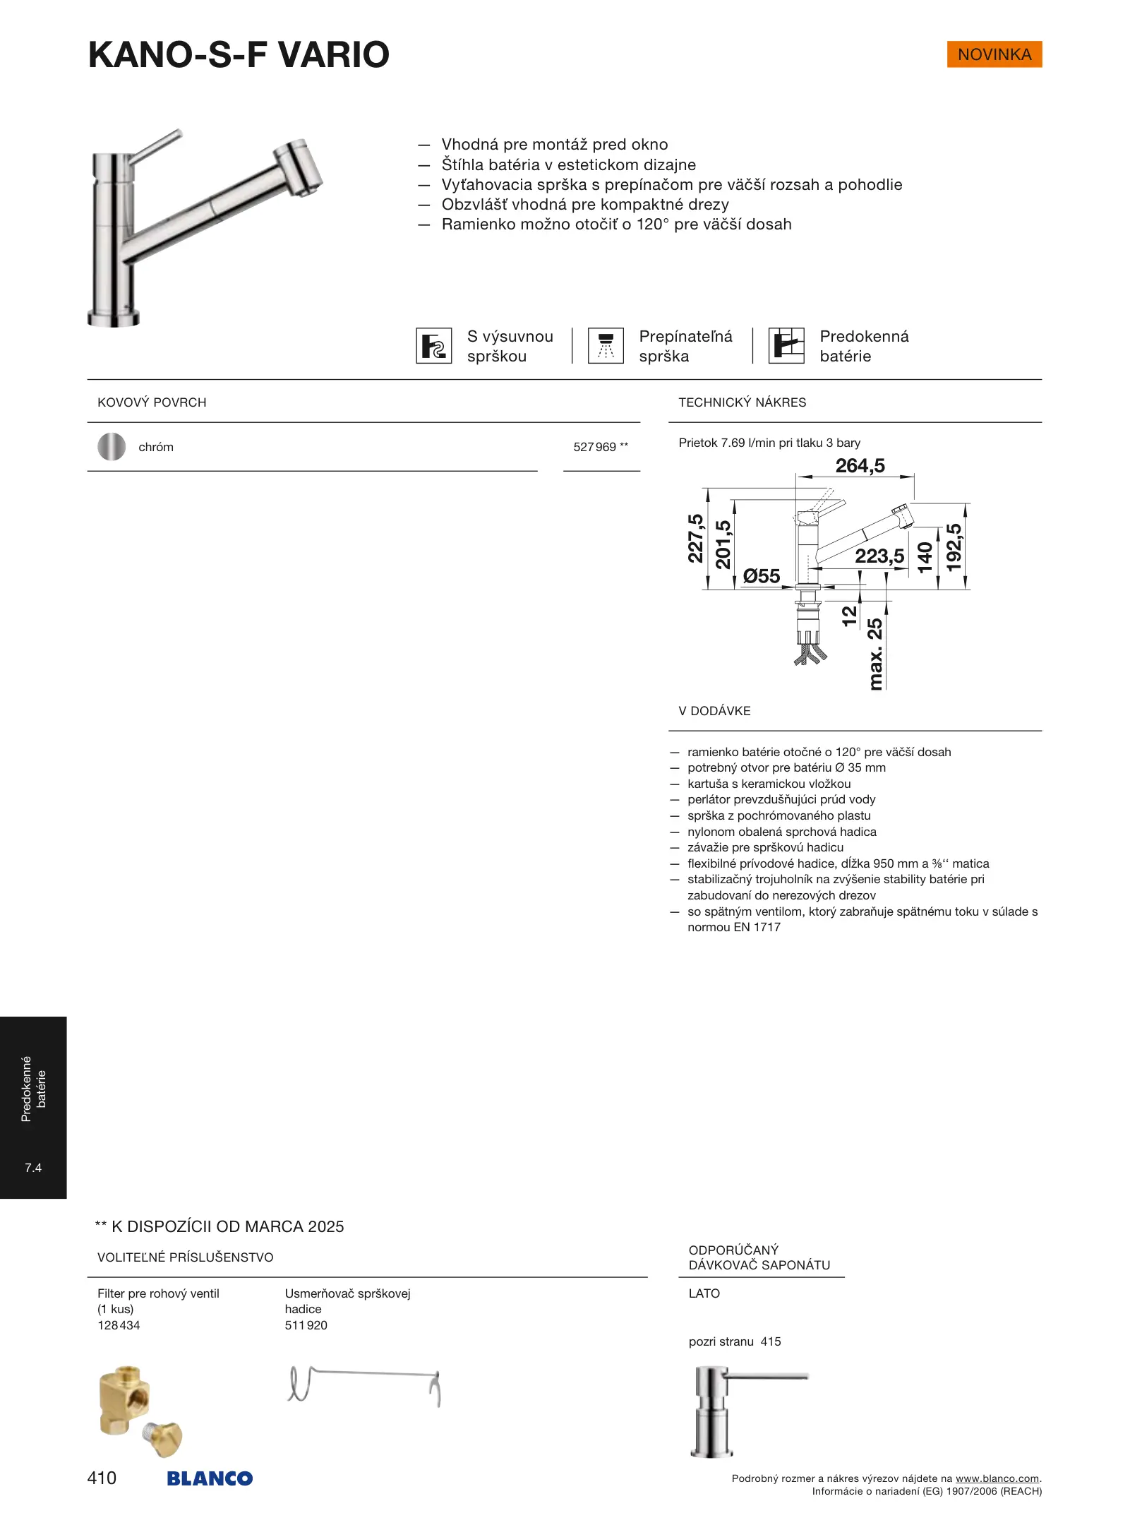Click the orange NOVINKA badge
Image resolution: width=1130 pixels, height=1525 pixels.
(994, 54)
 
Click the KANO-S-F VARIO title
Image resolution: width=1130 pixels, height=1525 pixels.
(239, 55)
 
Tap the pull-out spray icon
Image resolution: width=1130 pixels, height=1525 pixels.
(433, 346)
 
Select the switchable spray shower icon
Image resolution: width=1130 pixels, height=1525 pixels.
(606, 346)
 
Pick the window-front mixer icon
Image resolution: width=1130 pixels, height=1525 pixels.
(786, 346)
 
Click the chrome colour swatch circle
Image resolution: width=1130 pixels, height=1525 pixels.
(112, 447)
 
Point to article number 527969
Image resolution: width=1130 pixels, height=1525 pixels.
(595, 447)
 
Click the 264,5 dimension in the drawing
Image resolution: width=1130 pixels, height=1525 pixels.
(860, 466)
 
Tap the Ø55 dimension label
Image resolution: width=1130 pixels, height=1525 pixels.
(762, 576)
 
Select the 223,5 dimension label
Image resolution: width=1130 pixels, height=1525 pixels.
(879, 556)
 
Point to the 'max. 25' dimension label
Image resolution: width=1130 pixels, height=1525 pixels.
(875, 654)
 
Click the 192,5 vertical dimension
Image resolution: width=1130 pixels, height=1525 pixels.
(954, 547)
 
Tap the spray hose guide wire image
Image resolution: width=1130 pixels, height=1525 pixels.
(364, 1385)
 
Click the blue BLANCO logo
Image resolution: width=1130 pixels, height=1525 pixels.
(210, 1478)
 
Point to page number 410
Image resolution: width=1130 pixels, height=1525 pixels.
(102, 1478)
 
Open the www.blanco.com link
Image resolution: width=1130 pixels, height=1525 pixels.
(997, 1478)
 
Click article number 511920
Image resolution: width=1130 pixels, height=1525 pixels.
(306, 1325)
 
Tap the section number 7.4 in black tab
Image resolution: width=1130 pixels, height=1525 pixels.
(33, 1168)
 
